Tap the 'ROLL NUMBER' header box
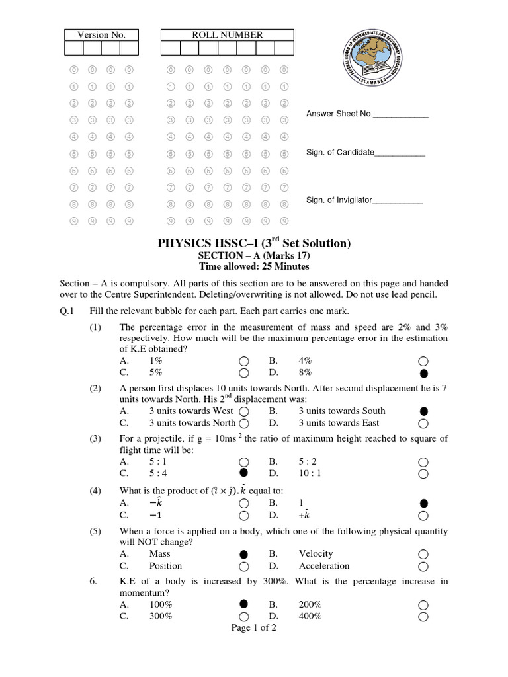pyautogui.click(x=227, y=35)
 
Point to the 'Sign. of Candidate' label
pyautogui.click(x=340, y=153)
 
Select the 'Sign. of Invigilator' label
pyautogui.click(x=339, y=200)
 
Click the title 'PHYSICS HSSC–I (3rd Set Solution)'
pyautogui.click(x=253, y=243)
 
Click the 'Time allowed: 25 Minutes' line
pyautogui.click(x=254, y=267)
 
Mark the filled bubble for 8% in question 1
pyautogui.click(x=423, y=373)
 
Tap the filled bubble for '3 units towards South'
pyautogui.click(x=423, y=411)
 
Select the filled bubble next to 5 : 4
pyautogui.click(x=244, y=473)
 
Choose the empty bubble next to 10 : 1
pyautogui.click(x=423, y=473)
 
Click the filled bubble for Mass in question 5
pyautogui.click(x=244, y=554)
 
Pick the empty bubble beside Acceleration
pyautogui.click(x=423, y=566)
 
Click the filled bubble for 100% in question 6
pyautogui.click(x=244, y=604)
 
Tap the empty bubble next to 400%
pyautogui.click(x=423, y=617)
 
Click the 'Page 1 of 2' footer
pyautogui.click(x=254, y=628)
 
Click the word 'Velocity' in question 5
pyautogui.click(x=316, y=554)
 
